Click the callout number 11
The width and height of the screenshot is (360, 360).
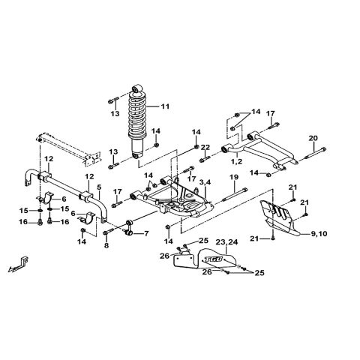point(165,106)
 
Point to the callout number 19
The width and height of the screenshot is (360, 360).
point(234,177)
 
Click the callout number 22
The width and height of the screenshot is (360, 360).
point(205,146)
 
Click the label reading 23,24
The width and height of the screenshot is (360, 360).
point(226,242)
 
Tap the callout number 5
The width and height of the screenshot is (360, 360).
point(98,186)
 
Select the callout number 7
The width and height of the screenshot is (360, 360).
point(145,233)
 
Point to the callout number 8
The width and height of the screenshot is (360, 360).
point(106,245)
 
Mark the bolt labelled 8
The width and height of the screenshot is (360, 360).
point(107,232)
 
